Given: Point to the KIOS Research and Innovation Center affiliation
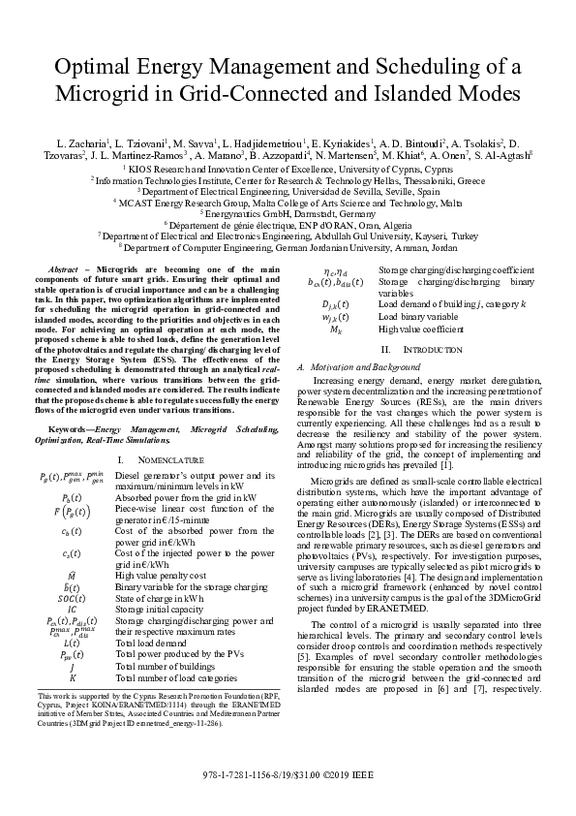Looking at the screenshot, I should [x=288, y=167].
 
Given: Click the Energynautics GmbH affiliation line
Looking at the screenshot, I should [x=288, y=213].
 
